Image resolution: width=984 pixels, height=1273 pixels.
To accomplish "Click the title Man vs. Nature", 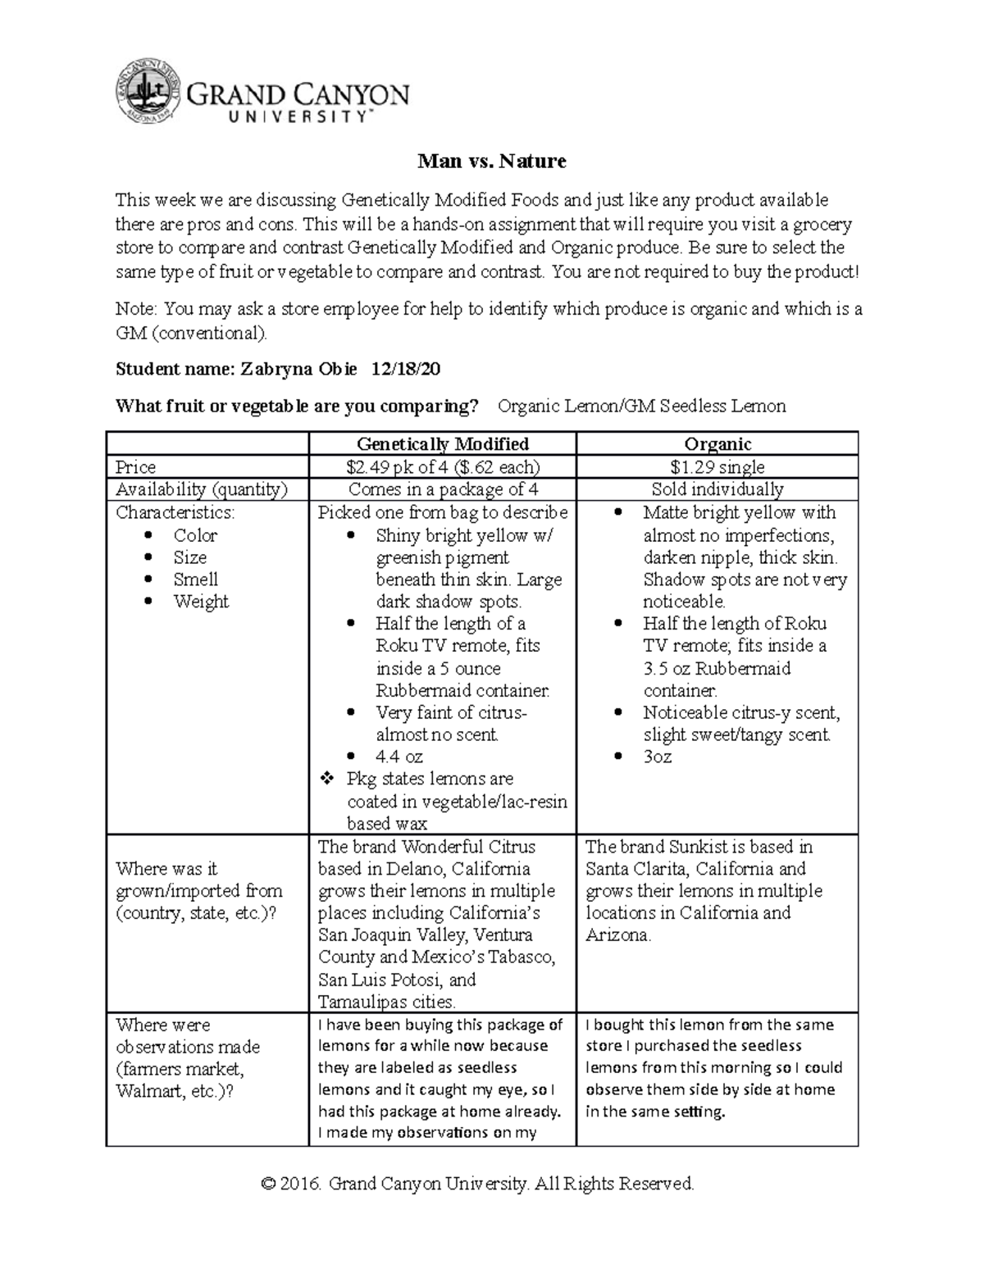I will click(x=492, y=161).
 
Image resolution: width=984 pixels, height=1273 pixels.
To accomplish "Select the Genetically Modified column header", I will click(x=442, y=444).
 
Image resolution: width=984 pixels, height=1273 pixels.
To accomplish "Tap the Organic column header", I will click(x=717, y=444).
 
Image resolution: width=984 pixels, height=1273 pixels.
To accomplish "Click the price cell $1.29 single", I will click(x=717, y=467).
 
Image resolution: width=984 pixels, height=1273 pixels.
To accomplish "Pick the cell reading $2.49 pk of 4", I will click(x=442, y=467).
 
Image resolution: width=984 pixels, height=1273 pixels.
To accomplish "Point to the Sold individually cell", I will click(x=717, y=489).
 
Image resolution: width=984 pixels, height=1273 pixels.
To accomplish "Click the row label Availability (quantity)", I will click(x=202, y=489).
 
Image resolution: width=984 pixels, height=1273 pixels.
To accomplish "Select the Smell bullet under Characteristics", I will click(x=194, y=580).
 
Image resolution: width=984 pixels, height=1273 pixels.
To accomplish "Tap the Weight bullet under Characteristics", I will click(x=201, y=602).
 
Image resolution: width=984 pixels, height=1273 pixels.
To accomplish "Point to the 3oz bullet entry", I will click(x=657, y=757).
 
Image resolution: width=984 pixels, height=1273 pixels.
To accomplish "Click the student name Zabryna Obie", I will click(x=298, y=370).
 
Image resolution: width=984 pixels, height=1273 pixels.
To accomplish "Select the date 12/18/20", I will click(x=406, y=370).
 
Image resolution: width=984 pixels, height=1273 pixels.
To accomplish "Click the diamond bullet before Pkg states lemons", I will click(x=324, y=780).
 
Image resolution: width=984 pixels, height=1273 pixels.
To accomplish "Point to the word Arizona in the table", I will click(x=617, y=935).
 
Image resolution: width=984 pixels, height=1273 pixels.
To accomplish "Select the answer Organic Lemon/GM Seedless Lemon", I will click(x=641, y=406).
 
